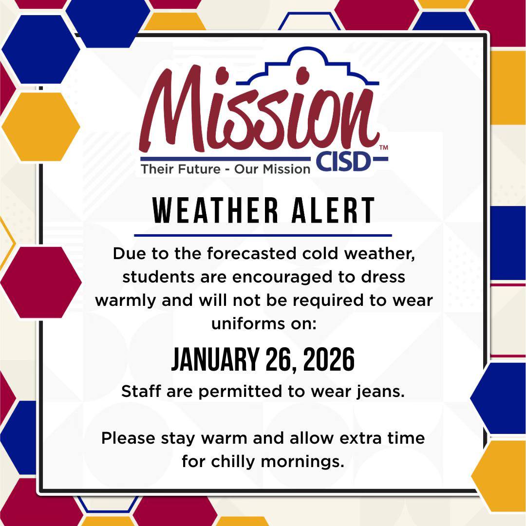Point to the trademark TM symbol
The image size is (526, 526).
pyautogui.click(x=383, y=147)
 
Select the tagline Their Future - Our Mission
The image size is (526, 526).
pyautogui.click(x=225, y=169)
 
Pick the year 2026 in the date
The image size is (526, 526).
pyautogui.click(x=329, y=361)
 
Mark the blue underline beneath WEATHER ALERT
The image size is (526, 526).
pyautogui.click(x=263, y=235)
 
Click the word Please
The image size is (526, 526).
pyautogui.click(x=129, y=438)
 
